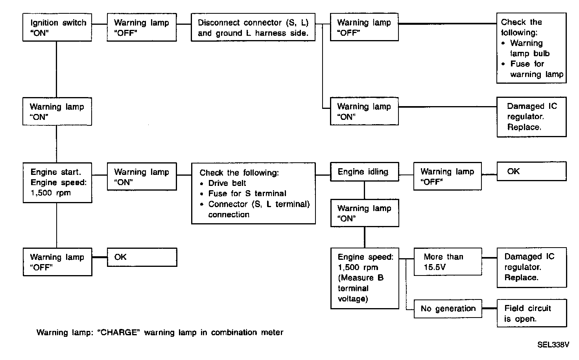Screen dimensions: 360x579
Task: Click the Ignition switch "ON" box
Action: [x=57, y=28]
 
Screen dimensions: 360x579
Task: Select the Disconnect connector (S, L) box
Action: [x=253, y=28]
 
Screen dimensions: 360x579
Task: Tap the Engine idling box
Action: [x=364, y=172]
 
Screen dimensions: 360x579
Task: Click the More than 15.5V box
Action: [x=448, y=262]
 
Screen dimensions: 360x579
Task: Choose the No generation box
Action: [x=448, y=309]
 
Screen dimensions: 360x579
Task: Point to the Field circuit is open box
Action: [x=531, y=313]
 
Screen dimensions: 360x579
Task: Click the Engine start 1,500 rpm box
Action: [x=57, y=183]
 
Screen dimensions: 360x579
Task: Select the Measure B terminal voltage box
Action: [x=365, y=278]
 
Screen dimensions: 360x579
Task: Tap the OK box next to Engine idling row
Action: [x=531, y=171]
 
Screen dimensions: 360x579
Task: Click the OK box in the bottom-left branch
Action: [x=142, y=257]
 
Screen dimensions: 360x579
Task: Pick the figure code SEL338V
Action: [x=553, y=345]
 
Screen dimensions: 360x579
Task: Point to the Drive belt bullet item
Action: [x=227, y=183]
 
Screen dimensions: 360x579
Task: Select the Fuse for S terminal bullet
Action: [x=247, y=193]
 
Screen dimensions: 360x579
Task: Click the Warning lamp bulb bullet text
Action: [x=529, y=48]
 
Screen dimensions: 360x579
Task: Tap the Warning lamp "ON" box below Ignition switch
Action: [x=57, y=112]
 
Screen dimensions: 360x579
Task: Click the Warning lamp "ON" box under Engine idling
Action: [x=365, y=213]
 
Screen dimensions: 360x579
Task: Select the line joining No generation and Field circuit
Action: [x=489, y=309]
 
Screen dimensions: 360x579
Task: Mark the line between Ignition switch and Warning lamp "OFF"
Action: [x=100, y=24]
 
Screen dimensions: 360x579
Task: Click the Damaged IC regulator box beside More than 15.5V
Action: [x=531, y=267]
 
